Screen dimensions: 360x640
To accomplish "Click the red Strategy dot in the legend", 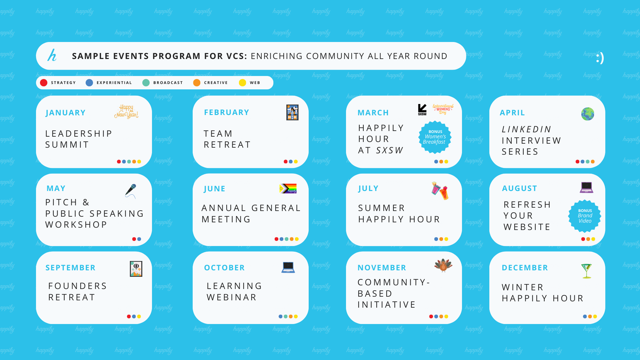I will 44,83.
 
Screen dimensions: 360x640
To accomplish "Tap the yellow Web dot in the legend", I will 242,83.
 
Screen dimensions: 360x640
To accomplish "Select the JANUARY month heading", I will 66,113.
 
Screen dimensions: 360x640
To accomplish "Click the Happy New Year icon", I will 126,111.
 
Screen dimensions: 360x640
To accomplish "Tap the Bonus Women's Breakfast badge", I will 435,137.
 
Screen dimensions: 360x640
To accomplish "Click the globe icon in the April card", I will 588,114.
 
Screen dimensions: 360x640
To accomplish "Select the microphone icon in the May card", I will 131,191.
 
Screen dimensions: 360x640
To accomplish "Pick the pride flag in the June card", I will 288,189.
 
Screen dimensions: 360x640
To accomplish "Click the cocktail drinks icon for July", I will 440,191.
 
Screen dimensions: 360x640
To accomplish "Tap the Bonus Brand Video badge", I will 585,216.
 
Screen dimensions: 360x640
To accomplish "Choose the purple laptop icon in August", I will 586,187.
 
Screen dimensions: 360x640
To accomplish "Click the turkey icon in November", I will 443,265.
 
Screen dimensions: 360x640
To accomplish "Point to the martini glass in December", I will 586,271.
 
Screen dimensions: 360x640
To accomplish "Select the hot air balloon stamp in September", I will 136,269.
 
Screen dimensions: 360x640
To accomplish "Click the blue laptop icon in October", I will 288,267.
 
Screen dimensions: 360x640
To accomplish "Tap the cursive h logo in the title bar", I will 52,55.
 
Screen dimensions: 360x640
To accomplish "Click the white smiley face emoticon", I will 600,58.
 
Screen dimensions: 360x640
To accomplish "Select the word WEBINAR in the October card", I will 232,297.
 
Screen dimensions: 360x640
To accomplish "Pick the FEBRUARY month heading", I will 227,112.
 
